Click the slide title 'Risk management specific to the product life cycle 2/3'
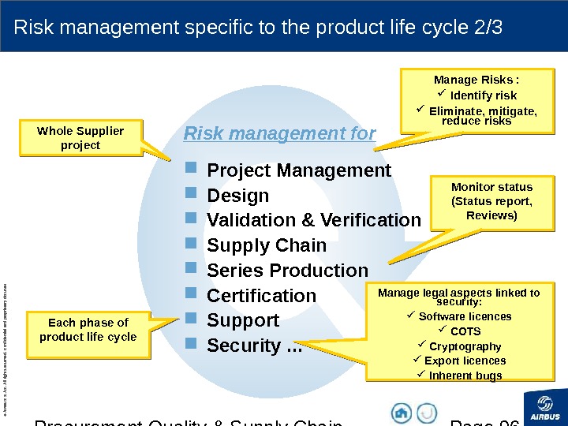click(x=259, y=28)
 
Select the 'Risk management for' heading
click(x=279, y=133)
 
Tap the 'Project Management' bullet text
click(x=298, y=170)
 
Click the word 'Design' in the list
click(x=237, y=196)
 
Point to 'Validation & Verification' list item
click(x=313, y=220)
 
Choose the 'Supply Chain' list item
click(x=266, y=245)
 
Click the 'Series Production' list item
click(x=287, y=271)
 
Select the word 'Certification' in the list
click(x=261, y=296)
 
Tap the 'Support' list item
click(x=242, y=321)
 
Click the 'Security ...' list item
click(x=253, y=346)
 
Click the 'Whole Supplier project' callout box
click(x=80, y=138)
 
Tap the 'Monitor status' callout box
click(x=491, y=201)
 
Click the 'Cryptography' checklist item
click(x=465, y=346)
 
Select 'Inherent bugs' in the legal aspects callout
click(x=465, y=376)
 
